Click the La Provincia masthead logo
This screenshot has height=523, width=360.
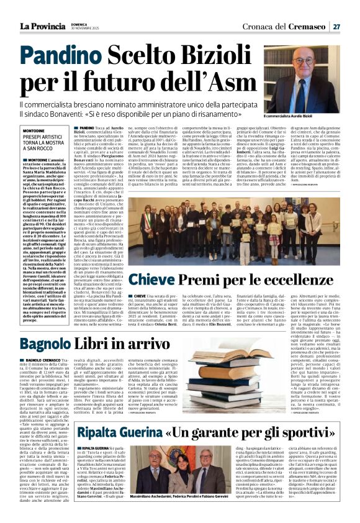[42, 25]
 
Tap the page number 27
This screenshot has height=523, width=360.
[336, 26]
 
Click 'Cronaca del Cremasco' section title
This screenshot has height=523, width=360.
[285, 26]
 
